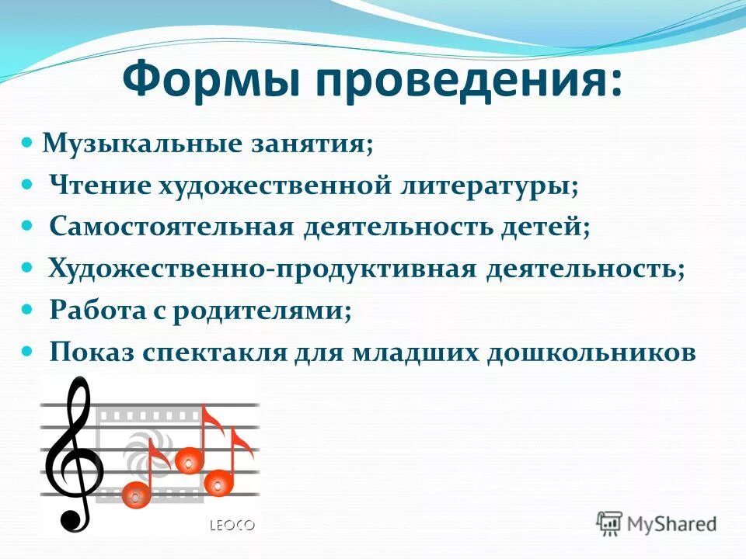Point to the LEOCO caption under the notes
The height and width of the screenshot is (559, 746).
pos(232,526)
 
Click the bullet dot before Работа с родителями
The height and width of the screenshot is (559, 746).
pos(27,309)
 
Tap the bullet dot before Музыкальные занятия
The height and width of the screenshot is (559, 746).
pos(26,144)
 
